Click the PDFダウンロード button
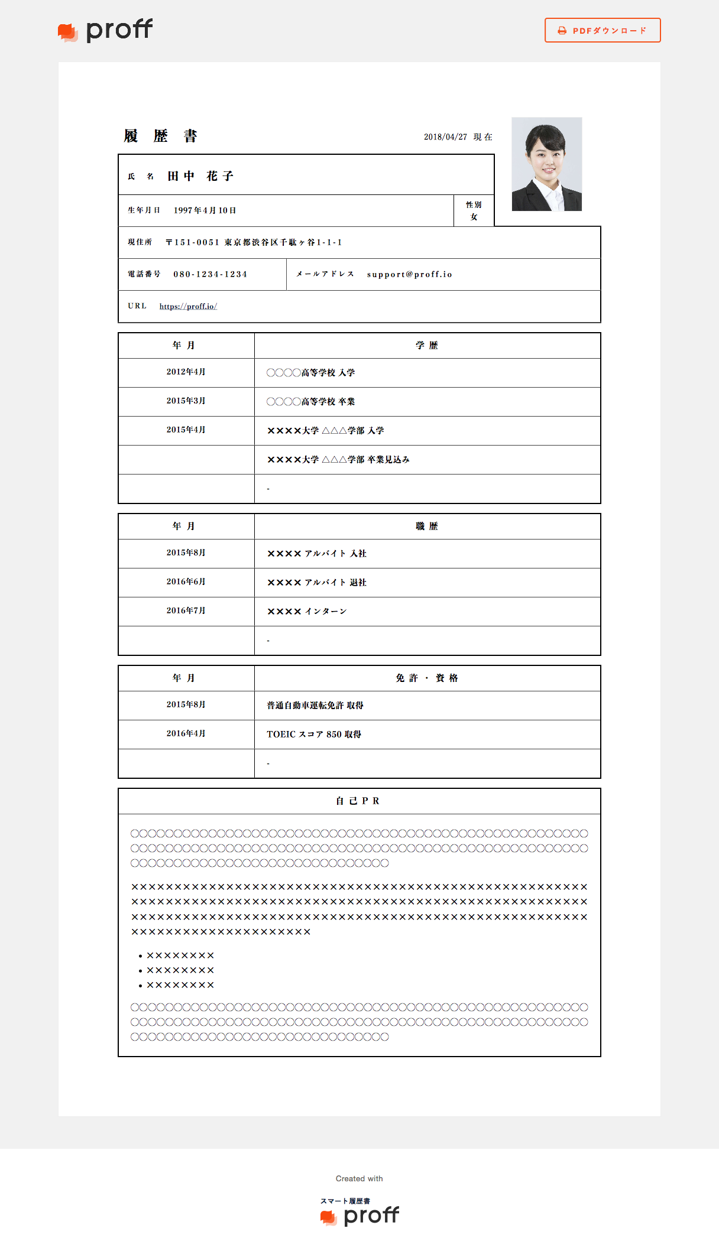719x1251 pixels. point(602,30)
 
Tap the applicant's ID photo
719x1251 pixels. point(546,164)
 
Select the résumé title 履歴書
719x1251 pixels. point(160,136)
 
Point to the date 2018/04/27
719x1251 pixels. point(445,137)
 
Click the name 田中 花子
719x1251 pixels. point(200,176)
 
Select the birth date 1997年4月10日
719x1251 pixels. point(205,210)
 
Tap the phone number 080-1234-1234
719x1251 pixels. point(210,274)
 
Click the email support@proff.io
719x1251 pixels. point(409,274)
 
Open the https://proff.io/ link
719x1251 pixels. point(188,306)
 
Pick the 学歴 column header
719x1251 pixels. point(426,345)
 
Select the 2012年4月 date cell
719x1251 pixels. point(186,372)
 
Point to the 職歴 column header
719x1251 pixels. point(426,526)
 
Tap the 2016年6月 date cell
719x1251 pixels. point(186,581)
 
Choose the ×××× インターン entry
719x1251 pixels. point(307,611)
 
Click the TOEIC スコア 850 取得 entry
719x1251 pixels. point(314,734)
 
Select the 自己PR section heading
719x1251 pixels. point(358,801)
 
